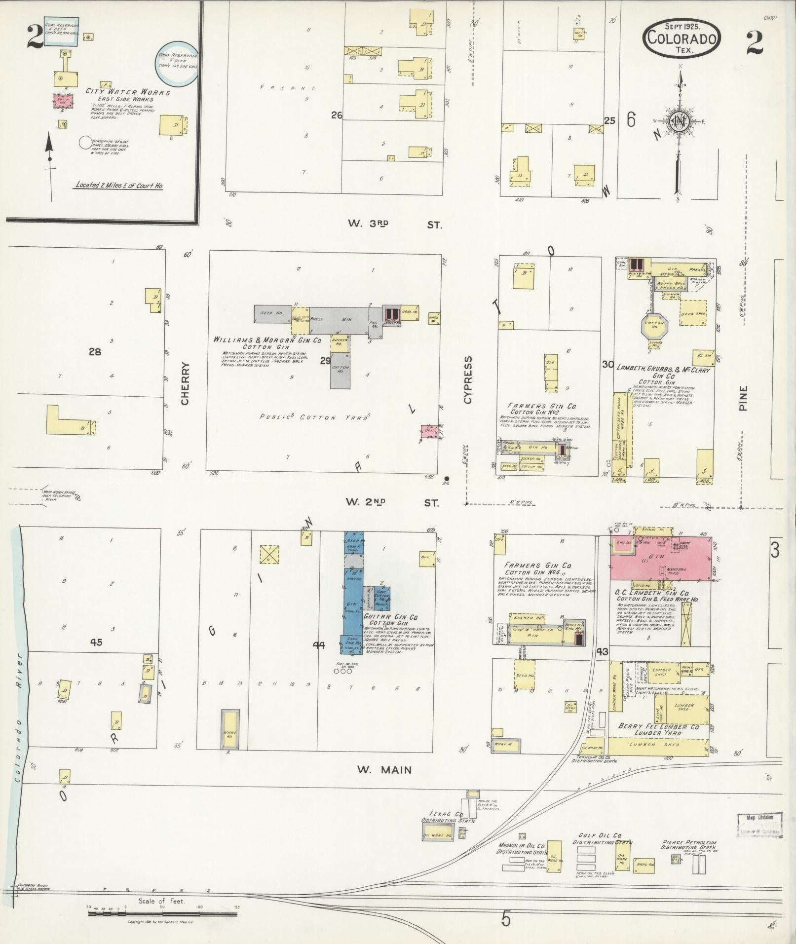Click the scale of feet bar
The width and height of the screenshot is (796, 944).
[x=163, y=914]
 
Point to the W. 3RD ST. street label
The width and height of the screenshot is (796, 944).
[x=394, y=224]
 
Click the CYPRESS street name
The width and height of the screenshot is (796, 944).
[x=468, y=379]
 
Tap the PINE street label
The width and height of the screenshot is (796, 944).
[x=743, y=398]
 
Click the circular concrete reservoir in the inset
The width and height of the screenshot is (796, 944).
[x=177, y=62]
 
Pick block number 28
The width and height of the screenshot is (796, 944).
[x=95, y=352]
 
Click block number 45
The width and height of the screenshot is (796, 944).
[x=96, y=642]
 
